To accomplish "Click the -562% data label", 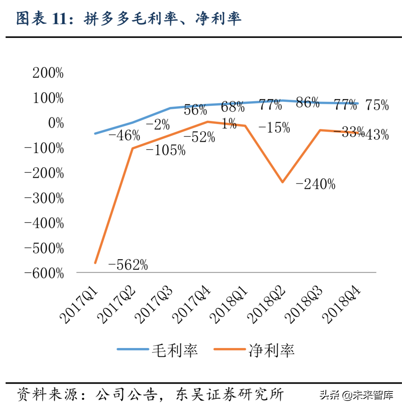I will click(128, 265).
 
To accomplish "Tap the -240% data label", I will click(315, 184).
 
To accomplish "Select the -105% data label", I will click(165, 150).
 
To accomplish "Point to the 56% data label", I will click(195, 110).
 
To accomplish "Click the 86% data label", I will click(307, 103).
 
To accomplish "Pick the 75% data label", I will click(377, 105).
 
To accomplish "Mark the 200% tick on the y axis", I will click(48, 73).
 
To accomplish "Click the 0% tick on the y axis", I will click(56, 123).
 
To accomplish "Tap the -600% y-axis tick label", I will click(44, 273).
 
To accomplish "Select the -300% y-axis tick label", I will click(44, 198).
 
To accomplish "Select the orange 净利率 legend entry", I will click(254, 350).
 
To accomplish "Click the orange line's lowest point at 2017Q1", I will click(95, 263).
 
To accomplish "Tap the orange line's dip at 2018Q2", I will click(283, 182).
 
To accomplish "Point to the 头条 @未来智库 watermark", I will click(356, 395).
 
